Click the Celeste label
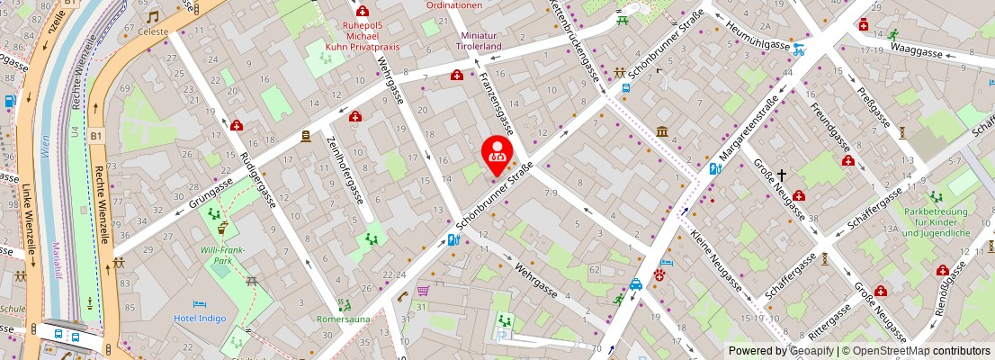(x=153, y=31)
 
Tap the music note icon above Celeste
(x=153, y=16)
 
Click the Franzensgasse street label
(x=497, y=101)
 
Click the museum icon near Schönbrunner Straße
(x=662, y=132)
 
